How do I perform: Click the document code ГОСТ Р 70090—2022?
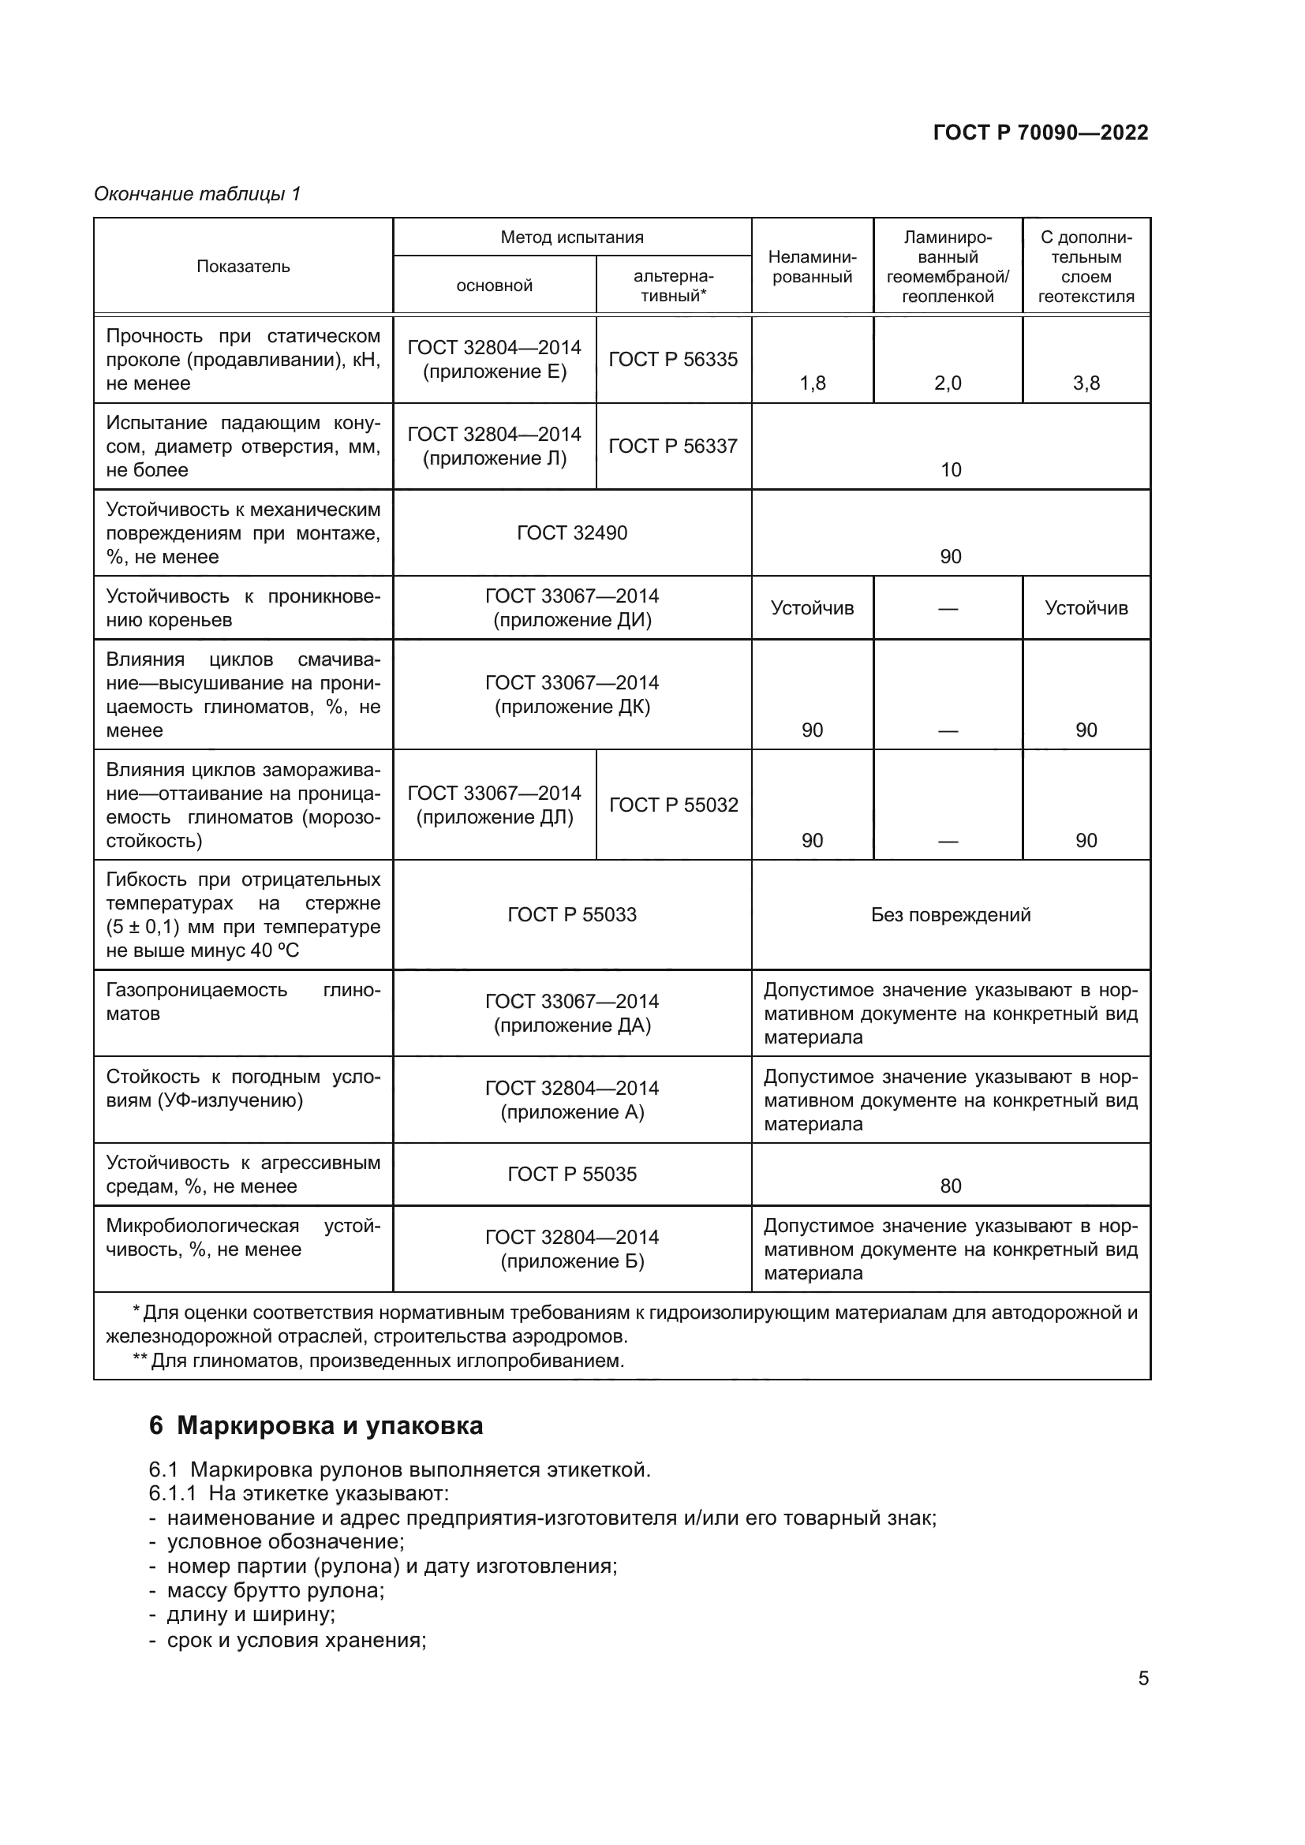coord(1040,133)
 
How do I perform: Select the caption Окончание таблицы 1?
coord(197,194)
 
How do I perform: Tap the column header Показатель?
coord(243,266)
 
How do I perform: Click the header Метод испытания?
coord(571,237)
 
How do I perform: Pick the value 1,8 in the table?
coord(812,383)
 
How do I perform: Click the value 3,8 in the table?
coord(1086,383)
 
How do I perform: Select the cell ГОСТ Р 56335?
coord(672,359)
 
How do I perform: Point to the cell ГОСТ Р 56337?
coord(672,446)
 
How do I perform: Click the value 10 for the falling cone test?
coord(950,470)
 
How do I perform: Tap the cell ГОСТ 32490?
coord(571,532)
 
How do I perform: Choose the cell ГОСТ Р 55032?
coord(672,805)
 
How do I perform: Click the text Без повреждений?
coord(950,914)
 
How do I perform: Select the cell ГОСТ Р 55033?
coord(571,914)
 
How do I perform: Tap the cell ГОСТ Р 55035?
coord(571,1174)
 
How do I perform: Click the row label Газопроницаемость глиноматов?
coord(243,1001)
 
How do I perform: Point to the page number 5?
coord(1142,1678)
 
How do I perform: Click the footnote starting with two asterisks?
coord(378,1361)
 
